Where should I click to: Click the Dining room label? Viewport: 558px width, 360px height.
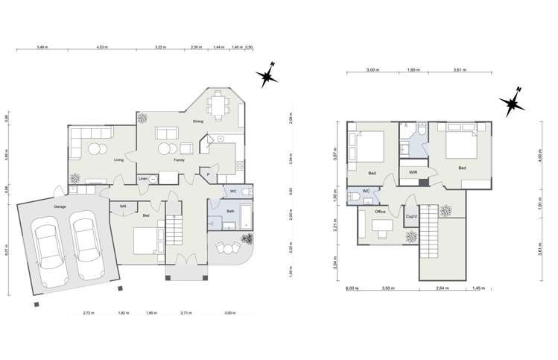pos(198,121)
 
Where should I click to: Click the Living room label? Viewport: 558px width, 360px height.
pos(118,160)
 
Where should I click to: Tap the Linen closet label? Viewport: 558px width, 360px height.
pos(143,179)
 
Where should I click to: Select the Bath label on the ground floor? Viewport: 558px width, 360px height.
pos(231,212)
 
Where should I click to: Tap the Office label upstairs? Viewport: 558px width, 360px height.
pos(380,212)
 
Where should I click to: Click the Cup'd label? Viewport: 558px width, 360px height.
pos(410,216)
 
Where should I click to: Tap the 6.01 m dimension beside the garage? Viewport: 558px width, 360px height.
pos(7,251)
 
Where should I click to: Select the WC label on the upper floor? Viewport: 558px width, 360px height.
pos(366,192)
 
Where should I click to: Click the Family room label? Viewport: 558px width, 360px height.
pos(180,160)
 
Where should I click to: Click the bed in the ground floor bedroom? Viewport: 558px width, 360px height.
pos(147,240)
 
